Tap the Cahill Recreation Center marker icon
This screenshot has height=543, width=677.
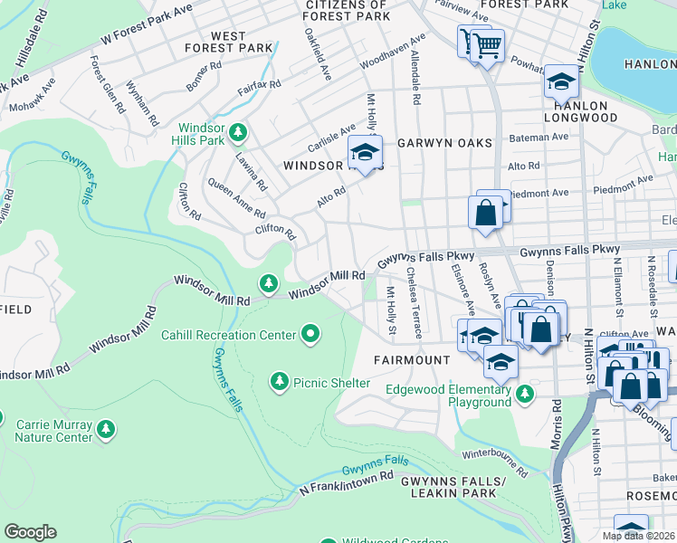tap(311, 335)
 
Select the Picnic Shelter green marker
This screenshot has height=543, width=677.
tap(279, 383)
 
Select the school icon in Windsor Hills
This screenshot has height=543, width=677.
tap(365, 153)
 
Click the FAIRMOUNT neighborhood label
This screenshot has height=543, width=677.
tap(412, 359)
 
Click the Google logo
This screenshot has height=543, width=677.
tap(30, 531)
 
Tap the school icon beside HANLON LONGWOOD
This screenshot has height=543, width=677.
tap(561, 83)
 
